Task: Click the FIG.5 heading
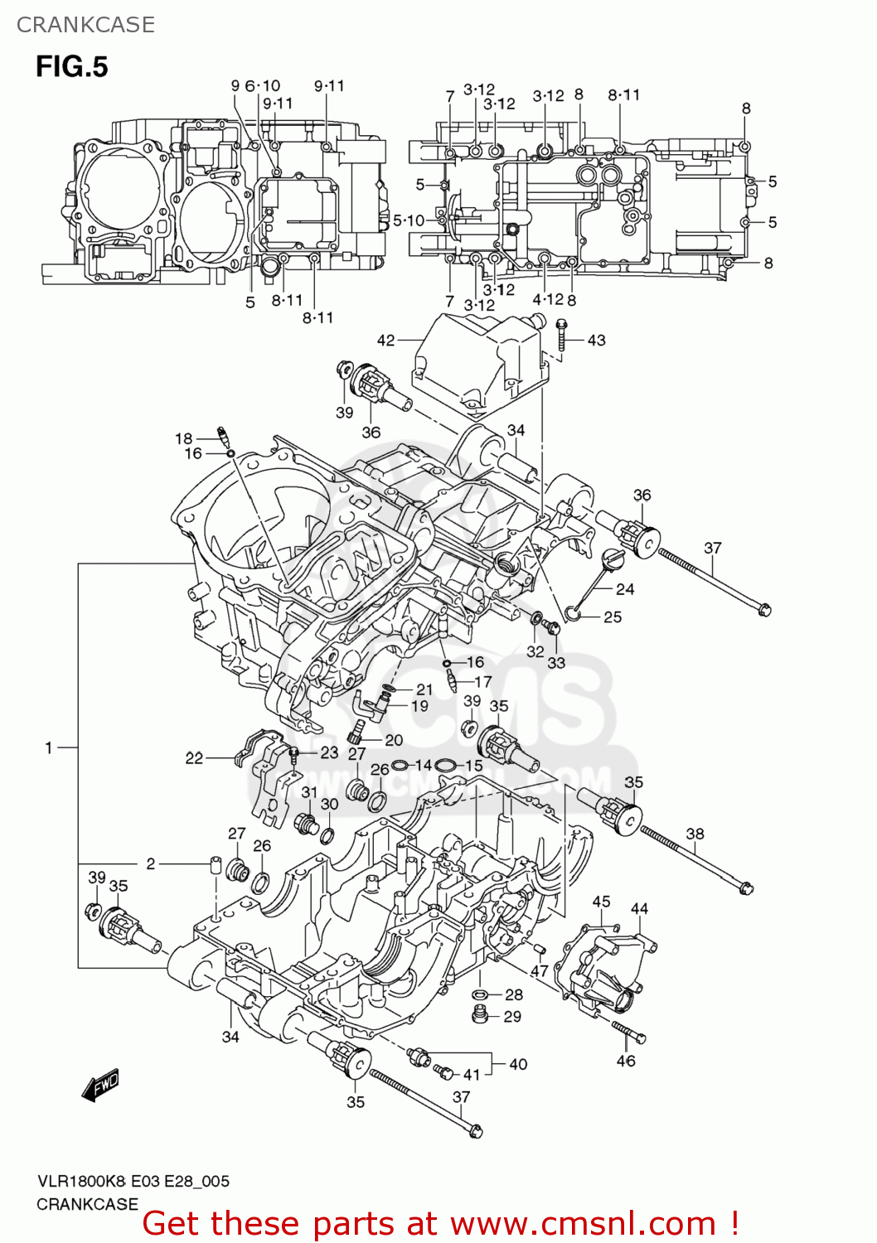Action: tap(71, 66)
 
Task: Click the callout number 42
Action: tap(385, 340)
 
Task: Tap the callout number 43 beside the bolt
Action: tap(596, 340)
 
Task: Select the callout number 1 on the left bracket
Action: tap(49, 747)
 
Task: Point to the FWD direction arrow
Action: tap(101, 1085)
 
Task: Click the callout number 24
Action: tap(625, 589)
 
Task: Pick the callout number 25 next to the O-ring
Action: tap(613, 617)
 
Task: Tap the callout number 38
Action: tap(695, 834)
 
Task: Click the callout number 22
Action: tap(194, 757)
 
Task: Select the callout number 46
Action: tap(626, 1061)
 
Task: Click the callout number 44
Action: tap(639, 909)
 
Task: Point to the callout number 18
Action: tap(183, 438)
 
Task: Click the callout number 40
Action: tap(518, 1064)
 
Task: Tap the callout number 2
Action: tap(151, 863)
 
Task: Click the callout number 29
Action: tap(512, 1016)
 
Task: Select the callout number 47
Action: tap(540, 971)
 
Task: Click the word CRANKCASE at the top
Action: tap(85, 25)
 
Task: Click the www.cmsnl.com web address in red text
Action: tap(583, 1223)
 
